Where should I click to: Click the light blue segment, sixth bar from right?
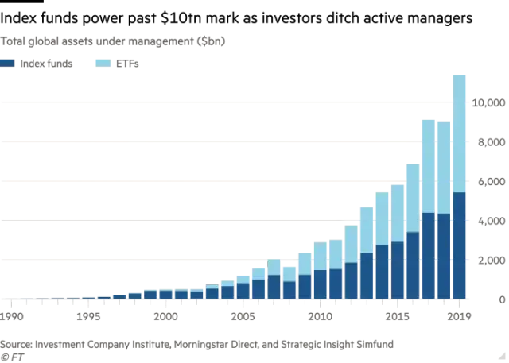click(x=382, y=218)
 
